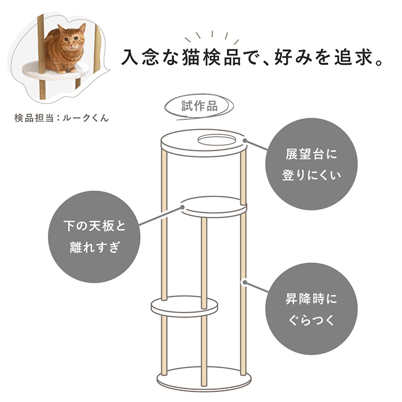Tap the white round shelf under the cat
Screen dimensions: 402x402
(56, 70)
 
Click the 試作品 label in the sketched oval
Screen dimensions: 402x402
(199, 106)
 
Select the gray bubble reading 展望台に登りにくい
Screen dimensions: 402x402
(311, 164)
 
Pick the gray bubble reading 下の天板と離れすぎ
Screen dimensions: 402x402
(94, 237)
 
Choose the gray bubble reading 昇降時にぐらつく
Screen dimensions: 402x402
(311, 309)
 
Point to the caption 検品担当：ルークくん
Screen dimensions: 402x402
(61, 118)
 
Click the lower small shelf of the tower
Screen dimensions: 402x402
(184, 307)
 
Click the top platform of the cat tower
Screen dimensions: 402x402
(204, 143)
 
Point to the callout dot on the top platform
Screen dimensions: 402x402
(245, 141)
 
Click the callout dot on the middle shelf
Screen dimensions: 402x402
(183, 207)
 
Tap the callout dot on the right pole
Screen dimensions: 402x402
(245, 283)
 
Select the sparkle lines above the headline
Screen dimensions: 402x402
(212, 37)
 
